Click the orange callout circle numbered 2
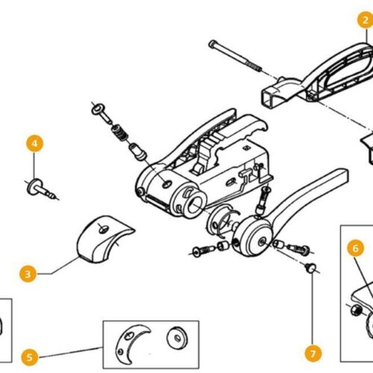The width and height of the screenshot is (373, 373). tap(366, 20)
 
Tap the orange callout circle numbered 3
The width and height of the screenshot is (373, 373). tap(28, 274)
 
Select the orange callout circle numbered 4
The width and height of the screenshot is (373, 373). tap(34, 143)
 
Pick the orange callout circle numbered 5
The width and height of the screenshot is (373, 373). tap(30, 357)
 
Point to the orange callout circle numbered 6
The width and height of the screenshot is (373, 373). tap(356, 248)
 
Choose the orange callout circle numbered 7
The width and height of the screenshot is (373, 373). tap(313, 354)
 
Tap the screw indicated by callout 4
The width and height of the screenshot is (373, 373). tap(42, 189)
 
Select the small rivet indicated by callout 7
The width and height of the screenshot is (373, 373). tap(311, 268)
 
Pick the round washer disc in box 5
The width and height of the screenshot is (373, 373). tap(177, 338)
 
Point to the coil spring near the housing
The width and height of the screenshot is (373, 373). tap(119, 134)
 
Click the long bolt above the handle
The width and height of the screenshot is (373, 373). tap(235, 56)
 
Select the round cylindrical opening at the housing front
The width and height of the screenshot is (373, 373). tap(196, 203)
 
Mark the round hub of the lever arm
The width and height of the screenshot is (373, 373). tap(254, 236)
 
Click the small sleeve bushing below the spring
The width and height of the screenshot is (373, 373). tap(137, 151)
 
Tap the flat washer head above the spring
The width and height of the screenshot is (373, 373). tap(98, 109)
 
